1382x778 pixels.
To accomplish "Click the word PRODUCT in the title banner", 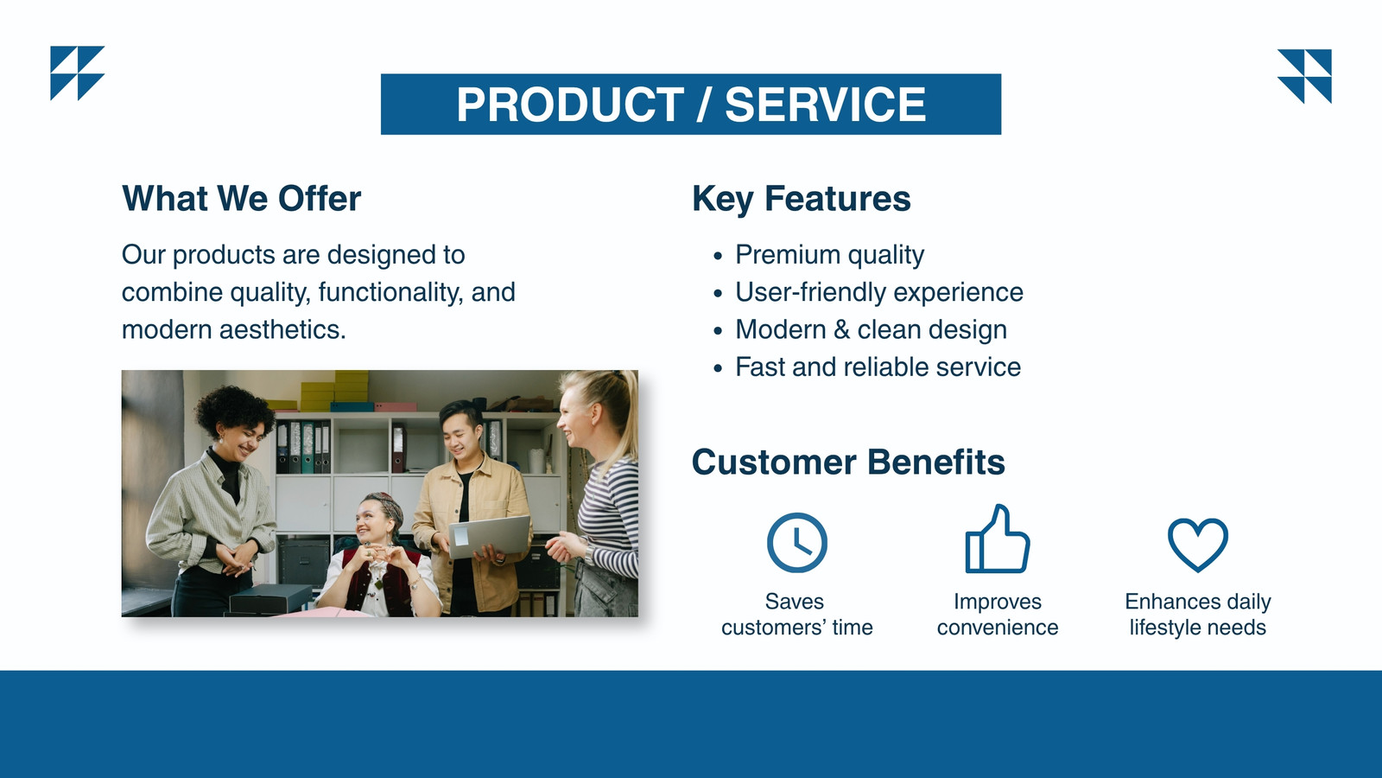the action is [570, 105].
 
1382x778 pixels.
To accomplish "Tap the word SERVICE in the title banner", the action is [826, 105].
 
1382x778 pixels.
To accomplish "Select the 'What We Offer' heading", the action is [241, 199].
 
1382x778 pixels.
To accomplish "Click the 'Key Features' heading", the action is [802, 200].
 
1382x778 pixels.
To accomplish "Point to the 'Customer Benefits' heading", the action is [848, 462].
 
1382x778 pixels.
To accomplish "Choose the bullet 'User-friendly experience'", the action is [879, 293].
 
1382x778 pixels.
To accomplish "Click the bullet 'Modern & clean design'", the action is [872, 330].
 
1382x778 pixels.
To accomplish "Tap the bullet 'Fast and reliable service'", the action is [878, 367].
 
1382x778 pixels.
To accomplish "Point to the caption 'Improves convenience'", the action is [998, 615].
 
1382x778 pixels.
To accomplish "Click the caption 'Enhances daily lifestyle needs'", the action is [1198, 615].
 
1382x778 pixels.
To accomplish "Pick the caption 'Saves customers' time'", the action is [797, 615].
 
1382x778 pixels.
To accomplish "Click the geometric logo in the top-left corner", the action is [77, 73].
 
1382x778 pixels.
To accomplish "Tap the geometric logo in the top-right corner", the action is [1304, 76].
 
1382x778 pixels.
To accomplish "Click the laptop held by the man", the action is [490, 536].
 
